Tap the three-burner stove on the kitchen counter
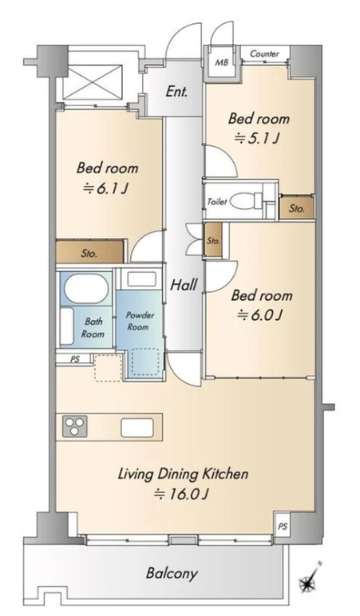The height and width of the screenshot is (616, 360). [x=75, y=426]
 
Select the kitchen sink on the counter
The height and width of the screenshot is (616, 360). [x=136, y=428]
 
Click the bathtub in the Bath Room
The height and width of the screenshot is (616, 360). [x=86, y=289]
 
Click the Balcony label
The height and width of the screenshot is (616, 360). [x=172, y=574]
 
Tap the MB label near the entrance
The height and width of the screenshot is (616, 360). [x=221, y=62]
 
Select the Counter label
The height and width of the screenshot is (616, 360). [x=264, y=53]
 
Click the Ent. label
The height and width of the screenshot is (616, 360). [x=176, y=92]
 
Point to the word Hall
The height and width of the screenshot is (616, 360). [x=184, y=284]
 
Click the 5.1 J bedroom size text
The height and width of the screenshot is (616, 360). [x=257, y=138]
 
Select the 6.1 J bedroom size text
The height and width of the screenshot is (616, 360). [x=105, y=189]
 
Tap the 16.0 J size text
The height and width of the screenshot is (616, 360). [x=180, y=494]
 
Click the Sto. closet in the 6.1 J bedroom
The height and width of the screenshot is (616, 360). [x=90, y=251]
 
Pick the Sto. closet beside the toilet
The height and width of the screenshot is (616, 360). [x=297, y=207]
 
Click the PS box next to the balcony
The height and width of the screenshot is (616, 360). [x=283, y=527]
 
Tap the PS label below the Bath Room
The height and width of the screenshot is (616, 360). [x=74, y=359]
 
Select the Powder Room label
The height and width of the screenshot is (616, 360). [x=139, y=321]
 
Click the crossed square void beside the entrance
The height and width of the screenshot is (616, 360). [x=95, y=82]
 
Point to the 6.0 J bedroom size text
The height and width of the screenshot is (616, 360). [x=260, y=315]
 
